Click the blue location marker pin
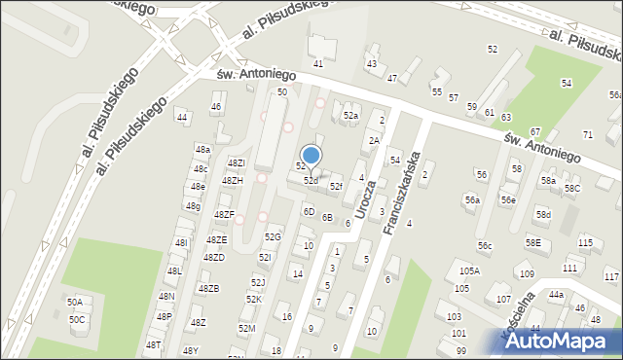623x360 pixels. click(311, 156)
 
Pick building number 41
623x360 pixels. click(317, 63)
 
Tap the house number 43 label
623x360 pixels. click(371, 63)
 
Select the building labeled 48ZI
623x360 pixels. click(236, 162)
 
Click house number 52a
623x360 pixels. click(350, 115)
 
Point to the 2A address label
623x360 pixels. click(373, 140)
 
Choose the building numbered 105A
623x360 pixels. click(469, 270)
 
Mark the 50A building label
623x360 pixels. click(75, 303)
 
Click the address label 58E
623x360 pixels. click(532, 242)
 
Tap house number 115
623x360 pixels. click(585, 242)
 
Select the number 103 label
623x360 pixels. click(454, 317)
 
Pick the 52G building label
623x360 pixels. click(273, 236)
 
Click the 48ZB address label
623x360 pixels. click(209, 288)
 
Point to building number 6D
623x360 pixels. click(309, 210)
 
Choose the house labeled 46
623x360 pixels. click(216, 106)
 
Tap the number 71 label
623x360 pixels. click(587, 133)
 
